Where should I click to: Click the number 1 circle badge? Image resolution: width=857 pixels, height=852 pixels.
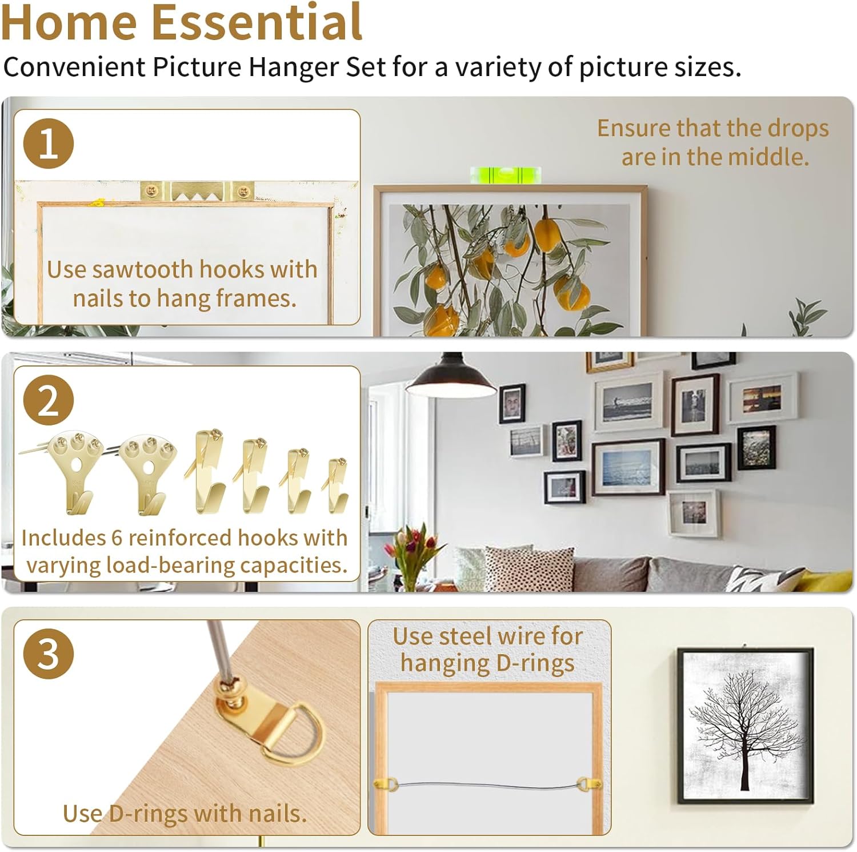tap(49, 144)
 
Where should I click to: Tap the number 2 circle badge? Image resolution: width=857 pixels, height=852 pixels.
tap(49, 400)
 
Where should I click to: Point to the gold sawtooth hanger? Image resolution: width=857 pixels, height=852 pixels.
tap(198, 192)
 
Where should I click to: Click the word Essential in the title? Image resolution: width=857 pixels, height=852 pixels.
tap(257, 23)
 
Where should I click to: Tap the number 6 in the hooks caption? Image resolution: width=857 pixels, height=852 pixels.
tap(117, 538)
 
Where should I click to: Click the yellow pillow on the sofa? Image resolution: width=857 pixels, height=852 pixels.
tap(828, 580)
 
